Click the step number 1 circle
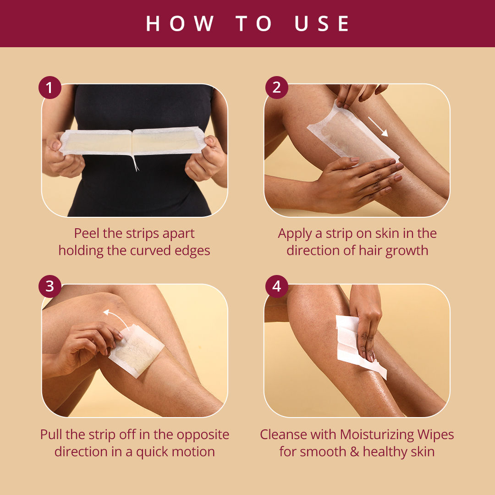tap(50, 88)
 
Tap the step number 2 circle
tap(276, 88)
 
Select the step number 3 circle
tap(50, 286)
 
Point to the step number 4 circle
tap(276, 286)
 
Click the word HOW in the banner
tap(180, 23)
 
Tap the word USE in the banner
tap(322, 23)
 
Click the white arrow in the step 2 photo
tap(378, 126)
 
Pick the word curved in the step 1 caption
tap(151, 251)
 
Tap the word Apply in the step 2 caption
tap(295, 234)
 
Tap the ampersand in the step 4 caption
tap(354, 452)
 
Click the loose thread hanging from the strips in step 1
tap(135, 163)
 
